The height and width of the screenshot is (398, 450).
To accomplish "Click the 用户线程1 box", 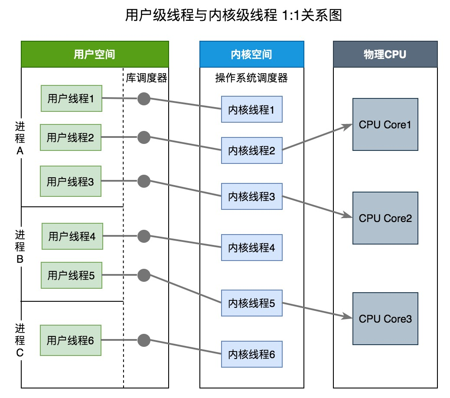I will (x=71, y=98).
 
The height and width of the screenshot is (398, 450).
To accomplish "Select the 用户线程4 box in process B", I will (x=72, y=237).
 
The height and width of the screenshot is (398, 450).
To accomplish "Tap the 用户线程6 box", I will (x=71, y=340).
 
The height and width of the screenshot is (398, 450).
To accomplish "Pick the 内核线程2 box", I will (x=251, y=151).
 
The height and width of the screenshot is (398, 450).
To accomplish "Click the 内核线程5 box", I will (x=251, y=303).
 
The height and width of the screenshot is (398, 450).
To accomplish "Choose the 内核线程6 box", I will (x=251, y=354).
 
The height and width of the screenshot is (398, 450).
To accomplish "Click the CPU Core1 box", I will (x=385, y=124).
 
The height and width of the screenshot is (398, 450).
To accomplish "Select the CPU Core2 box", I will (x=385, y=218).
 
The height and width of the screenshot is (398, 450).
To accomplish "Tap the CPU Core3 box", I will (x=385, y=319).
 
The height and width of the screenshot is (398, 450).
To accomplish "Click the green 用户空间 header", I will (x=95, y=54).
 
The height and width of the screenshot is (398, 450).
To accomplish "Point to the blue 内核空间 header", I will (x=251, y=54).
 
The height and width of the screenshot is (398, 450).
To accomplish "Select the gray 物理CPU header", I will (x=385, y=54).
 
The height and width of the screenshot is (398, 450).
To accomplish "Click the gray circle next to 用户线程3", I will (x=143, y=181).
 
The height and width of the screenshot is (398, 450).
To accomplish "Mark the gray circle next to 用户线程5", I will (x=143, y=275).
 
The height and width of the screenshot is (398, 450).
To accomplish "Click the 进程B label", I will (x=20, y=247).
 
